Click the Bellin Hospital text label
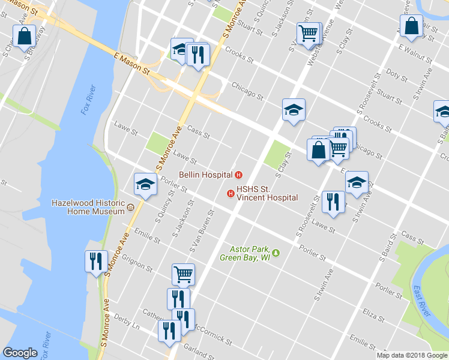205,175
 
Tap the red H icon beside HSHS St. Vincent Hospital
230,193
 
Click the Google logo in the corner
20,353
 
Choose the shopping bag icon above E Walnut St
411,26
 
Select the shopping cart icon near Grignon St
183,274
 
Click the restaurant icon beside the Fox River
96,261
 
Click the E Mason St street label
131,62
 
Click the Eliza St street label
373,313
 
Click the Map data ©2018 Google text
412,355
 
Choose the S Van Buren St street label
202,232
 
